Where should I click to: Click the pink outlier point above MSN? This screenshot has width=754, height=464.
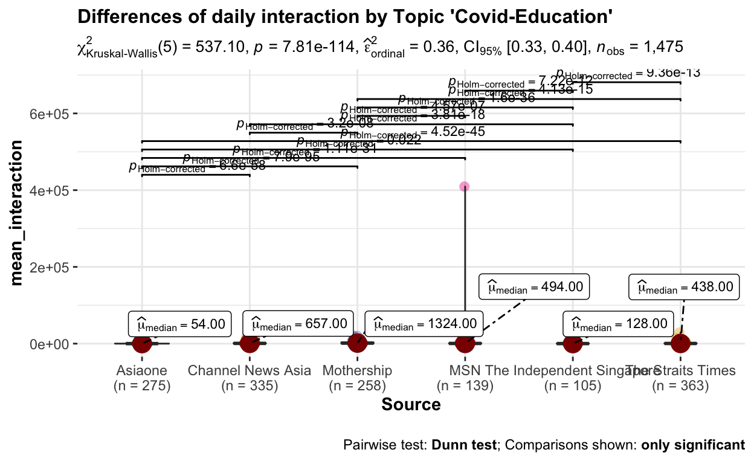click(464, 187)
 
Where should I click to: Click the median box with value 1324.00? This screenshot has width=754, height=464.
click(424, 324)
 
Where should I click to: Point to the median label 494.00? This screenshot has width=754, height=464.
click(534, 287)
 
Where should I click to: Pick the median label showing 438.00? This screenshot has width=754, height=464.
click(684, 287)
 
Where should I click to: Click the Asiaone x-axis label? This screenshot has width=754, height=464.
click(142, 370)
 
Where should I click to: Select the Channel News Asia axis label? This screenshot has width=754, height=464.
click(250, 370)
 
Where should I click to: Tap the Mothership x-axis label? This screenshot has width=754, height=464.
click(358, 370)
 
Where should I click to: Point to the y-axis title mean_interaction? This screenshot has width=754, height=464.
click(18, 213)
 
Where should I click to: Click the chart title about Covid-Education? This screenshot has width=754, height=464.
click(346, 18)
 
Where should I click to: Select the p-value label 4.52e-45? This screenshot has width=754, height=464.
click(413, 132)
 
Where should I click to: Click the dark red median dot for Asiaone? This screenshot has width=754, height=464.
click(142, 343)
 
